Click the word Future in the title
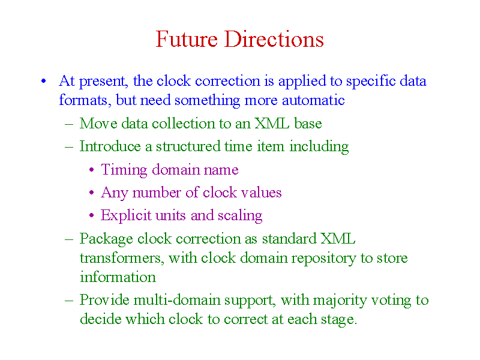pos(187,39)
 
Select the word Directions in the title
pos(274,39)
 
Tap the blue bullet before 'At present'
pos(43,81)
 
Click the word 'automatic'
pos(313,100)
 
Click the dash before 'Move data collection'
pos(69,124)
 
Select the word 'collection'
pos(184,124)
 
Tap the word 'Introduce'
pos(110,146)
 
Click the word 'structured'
pos(188,146)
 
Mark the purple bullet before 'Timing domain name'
pos(92,170)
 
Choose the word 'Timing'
pos(124,170)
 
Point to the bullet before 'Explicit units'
pos(92,215)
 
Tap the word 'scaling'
pos(240,216)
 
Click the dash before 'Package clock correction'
pos(69,239)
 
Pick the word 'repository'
pos(323,259)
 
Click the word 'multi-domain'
pos(177,300)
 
